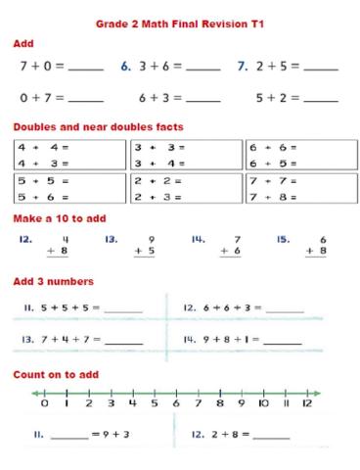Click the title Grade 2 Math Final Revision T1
[x=180, y=22]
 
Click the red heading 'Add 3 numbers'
[x=53, y=282]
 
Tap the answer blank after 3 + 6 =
[x=202, y=69]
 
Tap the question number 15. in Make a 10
[x=284, y=238]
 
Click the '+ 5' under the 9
[x=144, y=252]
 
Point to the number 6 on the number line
[x=175, y=402]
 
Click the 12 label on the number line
[x=306, y=402]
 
